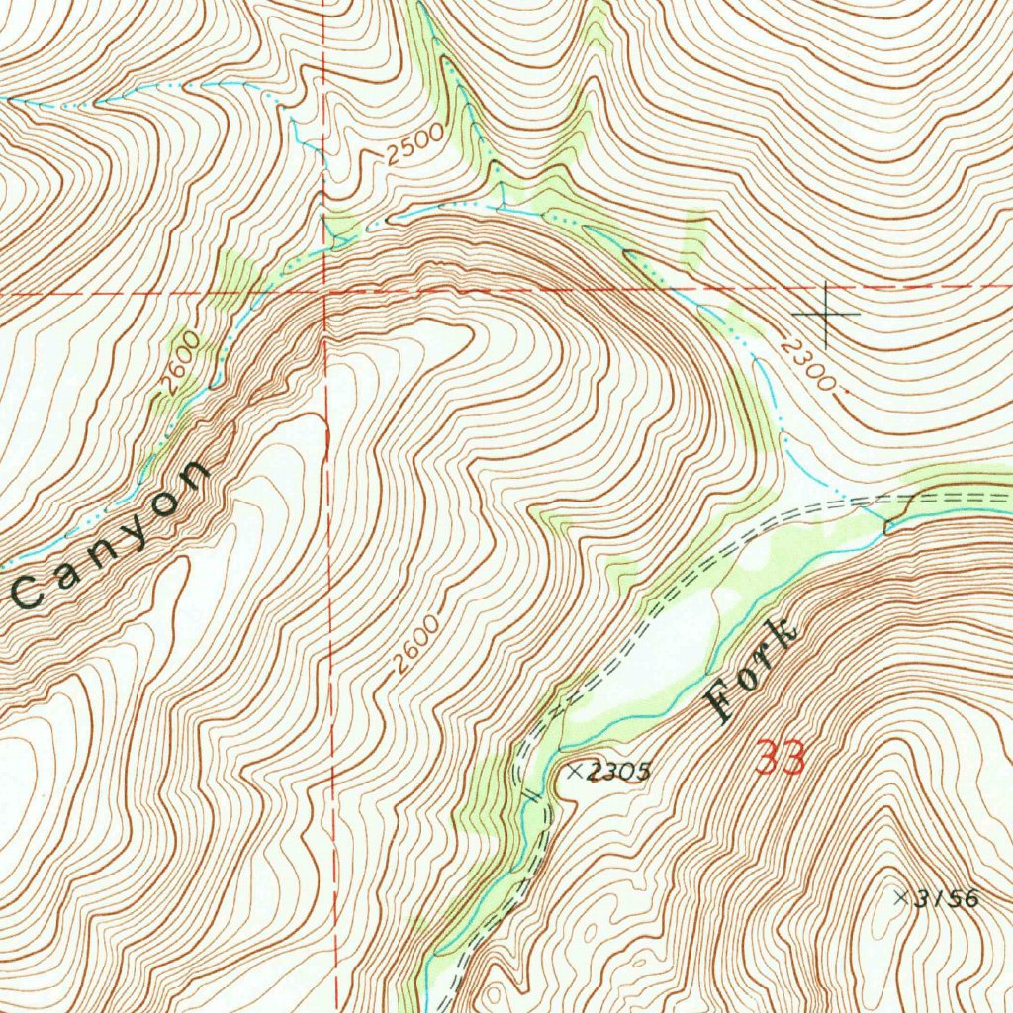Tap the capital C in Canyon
pos(27,594)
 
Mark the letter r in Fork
pos(764,657)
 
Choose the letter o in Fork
pos(744,680)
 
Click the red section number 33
pos(781,758)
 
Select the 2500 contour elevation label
pos(415,148)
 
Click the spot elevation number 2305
pos(619,774)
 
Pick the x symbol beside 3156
pos(900,897)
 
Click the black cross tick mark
pos(826,314)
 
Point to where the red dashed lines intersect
pos(325,293)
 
